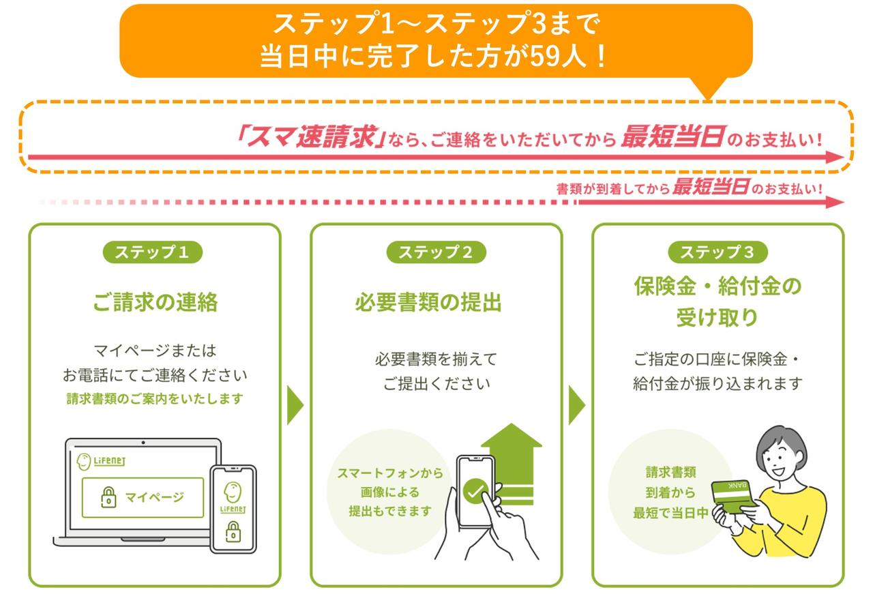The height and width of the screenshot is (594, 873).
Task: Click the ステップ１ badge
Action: click(x=152, y=252)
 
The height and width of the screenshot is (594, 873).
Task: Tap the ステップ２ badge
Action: click(x=436, y=252)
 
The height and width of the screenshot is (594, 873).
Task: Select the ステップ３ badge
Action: click(x=717, y=252)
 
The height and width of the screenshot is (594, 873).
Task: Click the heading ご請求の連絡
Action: click(x=155, y=302)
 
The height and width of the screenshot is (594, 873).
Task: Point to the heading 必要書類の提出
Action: click(x=428, y=302)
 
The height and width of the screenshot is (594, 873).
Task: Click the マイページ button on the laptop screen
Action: click(x=143, y=497)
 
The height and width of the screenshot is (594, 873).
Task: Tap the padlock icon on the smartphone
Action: click(x=233, y=530)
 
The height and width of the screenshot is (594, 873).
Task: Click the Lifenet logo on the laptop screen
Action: click(x=101, y=462)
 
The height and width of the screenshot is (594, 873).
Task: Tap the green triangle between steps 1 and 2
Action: click(x=295, y=406)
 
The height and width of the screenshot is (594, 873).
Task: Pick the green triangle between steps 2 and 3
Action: click(x=576, y=406)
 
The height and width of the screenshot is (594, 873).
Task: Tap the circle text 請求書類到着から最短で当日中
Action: click(x=670, y=492)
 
